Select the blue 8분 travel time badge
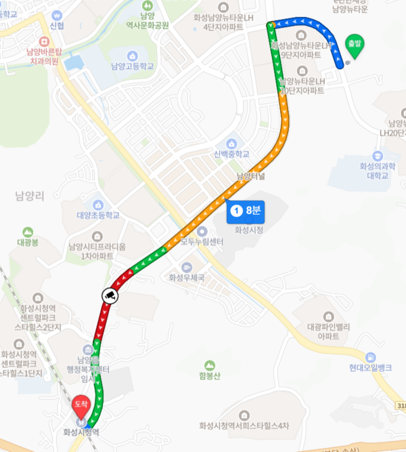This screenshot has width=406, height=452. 244,211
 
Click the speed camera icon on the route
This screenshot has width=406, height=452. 110,295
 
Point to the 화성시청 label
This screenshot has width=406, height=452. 248,230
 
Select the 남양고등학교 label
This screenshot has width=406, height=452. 133,66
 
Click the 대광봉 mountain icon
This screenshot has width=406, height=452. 28,232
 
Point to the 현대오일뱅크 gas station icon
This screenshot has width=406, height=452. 370,357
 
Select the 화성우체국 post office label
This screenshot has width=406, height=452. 186,278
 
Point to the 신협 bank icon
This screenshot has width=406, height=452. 57,14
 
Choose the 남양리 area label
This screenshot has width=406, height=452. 29,197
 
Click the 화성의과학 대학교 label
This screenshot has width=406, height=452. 378,171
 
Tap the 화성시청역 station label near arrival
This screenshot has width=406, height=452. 81,432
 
